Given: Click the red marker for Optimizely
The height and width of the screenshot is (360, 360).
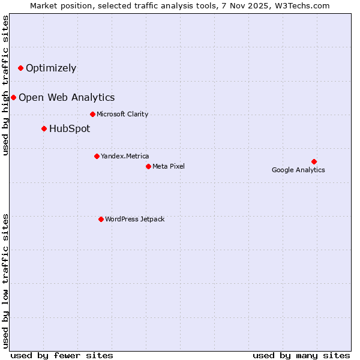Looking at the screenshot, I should tap(20, 68).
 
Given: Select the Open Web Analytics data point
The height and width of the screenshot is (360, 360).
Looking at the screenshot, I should tap(13, 97).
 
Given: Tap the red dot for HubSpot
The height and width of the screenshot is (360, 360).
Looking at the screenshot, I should tap(44, 128).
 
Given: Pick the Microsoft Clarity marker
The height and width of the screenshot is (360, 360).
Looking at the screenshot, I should tap(92, 114).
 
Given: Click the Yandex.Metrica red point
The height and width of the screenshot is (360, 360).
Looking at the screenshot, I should tap(97, 156).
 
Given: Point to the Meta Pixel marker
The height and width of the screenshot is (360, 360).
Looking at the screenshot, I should tap(148, 166).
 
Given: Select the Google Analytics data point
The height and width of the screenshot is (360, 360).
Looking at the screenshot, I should tap(314, 161).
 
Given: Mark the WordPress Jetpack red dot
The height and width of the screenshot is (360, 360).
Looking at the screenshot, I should tap(101, 219).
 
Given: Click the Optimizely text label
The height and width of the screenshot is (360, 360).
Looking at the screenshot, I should tap(51, 68).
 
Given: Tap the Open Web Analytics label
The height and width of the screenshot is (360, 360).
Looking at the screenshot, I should tap(67, 97).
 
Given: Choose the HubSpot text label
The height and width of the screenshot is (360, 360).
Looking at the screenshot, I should tap(70, 128).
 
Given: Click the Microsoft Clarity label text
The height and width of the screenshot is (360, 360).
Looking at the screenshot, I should tap(122, 114).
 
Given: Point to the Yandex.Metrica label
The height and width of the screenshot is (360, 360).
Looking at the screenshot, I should tap(125, 156).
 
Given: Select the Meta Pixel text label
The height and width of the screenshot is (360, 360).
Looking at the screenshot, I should tap(169, 166).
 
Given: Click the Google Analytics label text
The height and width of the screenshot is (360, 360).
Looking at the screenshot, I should tap(298, 170).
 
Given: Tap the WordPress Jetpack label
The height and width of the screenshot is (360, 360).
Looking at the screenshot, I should tap(134, 219).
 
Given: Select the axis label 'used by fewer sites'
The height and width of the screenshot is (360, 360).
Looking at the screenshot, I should tap(62, 355).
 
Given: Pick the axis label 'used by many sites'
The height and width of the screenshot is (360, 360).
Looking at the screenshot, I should tap(301, 355).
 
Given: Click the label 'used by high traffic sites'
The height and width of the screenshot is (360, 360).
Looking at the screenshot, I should tap(6, 85).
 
